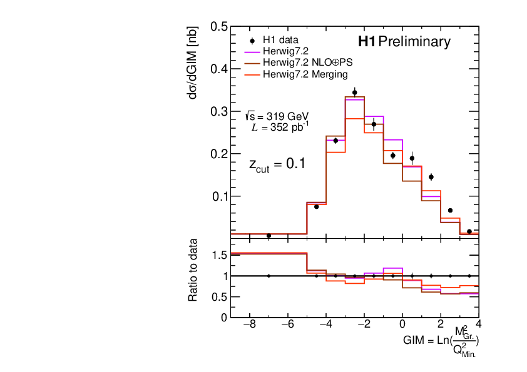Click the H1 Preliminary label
point(404,42)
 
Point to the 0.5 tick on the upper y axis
point(219,27)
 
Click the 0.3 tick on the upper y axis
point(219,111)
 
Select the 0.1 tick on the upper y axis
point(219,196)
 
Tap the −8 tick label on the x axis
point(248,325)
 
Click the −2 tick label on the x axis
point(364,325)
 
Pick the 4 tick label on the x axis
point(478,325)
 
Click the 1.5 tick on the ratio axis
point(219,254)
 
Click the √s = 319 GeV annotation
point(278,116)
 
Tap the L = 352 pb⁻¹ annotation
point(279,128)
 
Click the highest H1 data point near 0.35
point(355,93)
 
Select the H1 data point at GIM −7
point(269,236)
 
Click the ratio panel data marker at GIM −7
point(269,276)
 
